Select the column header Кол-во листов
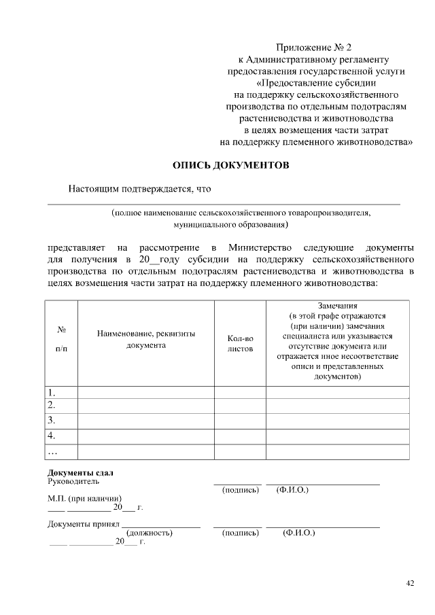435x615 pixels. pos(240,343)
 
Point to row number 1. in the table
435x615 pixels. pos(51,392)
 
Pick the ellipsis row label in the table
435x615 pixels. pos(53,451)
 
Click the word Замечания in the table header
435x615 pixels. pos(337,306)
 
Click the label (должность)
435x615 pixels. pos(150,533)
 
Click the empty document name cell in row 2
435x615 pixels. pos(146,406)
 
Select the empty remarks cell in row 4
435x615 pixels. pos(337,435)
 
